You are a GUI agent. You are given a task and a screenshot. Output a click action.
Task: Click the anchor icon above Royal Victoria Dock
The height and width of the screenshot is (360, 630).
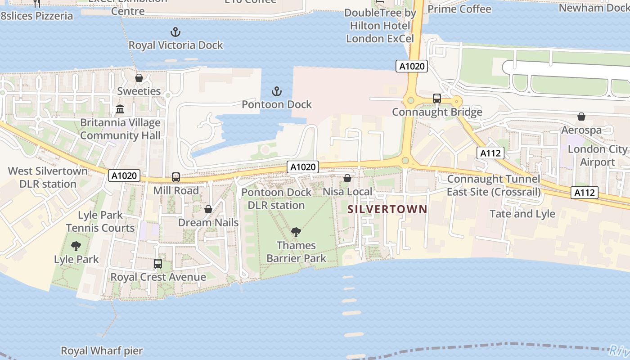[x=175, y=32]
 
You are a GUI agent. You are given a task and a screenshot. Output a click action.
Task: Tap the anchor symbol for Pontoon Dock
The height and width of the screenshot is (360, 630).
[x=277, y=92]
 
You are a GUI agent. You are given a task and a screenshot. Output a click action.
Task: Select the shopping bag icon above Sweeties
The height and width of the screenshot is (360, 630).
[x=139, y=78]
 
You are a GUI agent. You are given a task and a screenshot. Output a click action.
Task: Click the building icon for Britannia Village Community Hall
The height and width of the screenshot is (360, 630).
[x=120, y=109]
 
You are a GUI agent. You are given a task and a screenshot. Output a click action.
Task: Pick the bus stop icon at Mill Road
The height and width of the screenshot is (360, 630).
[x=176, y=177]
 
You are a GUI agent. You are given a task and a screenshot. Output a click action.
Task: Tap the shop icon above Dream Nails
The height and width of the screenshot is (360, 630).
[x=208, y=209]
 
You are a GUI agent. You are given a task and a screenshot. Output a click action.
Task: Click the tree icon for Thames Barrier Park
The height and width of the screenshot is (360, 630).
[x=296, y=232]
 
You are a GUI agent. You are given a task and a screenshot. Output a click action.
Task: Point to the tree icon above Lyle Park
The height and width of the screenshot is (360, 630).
[x=76, y=246]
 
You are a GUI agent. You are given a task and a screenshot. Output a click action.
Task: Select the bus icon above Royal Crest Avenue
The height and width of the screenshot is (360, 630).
[x=158, y=264]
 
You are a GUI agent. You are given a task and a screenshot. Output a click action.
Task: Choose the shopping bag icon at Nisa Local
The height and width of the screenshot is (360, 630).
[x=347, y=179]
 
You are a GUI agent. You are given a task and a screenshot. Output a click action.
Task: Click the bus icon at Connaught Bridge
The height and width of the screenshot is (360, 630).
[x=437, y=99]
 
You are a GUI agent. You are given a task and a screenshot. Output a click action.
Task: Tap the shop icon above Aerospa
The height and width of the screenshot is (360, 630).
[x=581, y=117]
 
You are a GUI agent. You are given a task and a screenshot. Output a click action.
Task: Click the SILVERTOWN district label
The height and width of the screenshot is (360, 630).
[x=387, y=209]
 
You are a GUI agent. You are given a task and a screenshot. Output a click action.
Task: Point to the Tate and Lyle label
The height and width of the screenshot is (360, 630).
[x=522, y=214]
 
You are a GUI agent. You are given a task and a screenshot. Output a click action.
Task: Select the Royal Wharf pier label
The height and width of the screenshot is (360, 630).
[x=102, y=351]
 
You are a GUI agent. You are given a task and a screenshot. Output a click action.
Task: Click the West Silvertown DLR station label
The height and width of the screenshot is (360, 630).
[x=48, y=177]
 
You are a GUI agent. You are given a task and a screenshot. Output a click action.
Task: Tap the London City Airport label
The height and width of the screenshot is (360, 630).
[x=597, y=156]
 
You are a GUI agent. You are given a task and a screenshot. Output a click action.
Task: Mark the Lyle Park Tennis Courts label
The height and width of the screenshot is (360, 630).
[x=100, y=221]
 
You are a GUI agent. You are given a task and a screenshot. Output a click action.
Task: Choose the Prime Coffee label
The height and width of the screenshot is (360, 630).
[x=459, y=9]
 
